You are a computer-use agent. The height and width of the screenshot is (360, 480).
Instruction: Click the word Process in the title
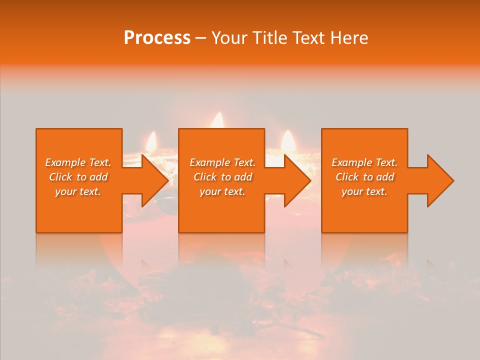coord(157,38)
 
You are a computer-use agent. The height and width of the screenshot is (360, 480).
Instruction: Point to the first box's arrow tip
coord(167,180)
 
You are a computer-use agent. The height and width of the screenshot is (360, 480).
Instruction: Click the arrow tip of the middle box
coord(309,180)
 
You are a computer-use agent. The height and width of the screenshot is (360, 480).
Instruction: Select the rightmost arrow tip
coord(452,180)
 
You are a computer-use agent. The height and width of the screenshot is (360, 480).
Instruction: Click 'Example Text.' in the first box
coord(78,162)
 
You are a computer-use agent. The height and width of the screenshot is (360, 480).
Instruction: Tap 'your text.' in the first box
coord(78,191)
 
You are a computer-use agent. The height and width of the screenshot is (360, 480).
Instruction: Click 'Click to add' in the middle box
coord(222,177)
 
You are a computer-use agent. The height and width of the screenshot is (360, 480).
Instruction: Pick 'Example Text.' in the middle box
coord(222,162)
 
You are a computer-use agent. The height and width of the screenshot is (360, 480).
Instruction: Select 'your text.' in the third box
coord(364,191)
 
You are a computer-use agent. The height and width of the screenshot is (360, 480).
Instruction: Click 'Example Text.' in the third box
coord(364,162)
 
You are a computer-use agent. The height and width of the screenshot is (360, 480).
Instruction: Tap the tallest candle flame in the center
coord(217,120)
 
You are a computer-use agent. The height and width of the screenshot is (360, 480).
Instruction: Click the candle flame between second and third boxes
coord(287,140)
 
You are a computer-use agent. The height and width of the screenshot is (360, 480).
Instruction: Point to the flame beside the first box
coord(150,142)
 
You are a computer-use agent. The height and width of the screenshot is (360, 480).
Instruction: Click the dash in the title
coord(200,38)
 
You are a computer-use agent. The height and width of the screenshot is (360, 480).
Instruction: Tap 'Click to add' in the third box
coord(364,177)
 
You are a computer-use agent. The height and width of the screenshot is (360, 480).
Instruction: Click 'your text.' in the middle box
coord(222,191)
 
